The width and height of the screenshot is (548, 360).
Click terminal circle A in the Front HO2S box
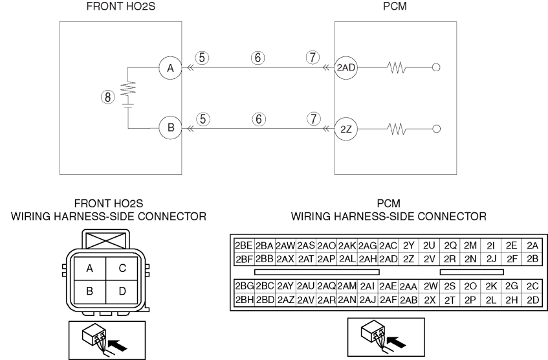click(171, 67)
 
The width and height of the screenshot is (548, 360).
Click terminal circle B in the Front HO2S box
click(171, 128)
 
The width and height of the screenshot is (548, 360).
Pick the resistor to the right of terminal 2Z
click(396, 128)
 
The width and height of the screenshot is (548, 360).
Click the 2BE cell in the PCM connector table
click(243, 247)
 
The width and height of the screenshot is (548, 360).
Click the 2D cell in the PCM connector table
click(532, 300)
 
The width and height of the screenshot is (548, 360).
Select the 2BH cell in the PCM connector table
click(243, 300)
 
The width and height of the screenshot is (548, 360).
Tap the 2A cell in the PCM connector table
click(532, 247)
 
